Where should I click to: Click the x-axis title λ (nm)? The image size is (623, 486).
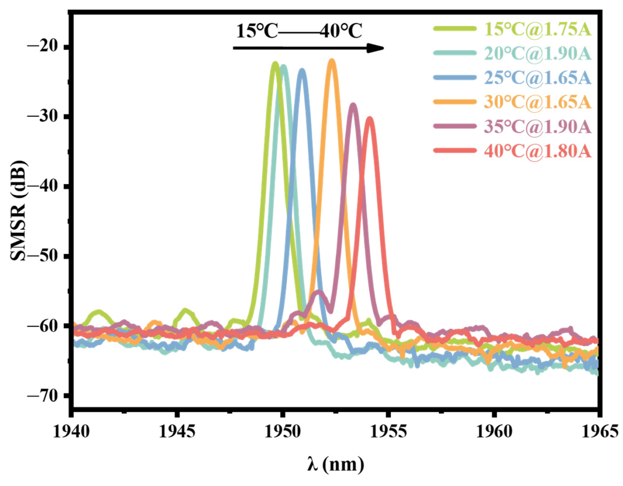(335, 464)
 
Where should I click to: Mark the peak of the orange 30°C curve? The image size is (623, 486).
(332, 60)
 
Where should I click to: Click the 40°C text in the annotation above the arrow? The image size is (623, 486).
(341, 31)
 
